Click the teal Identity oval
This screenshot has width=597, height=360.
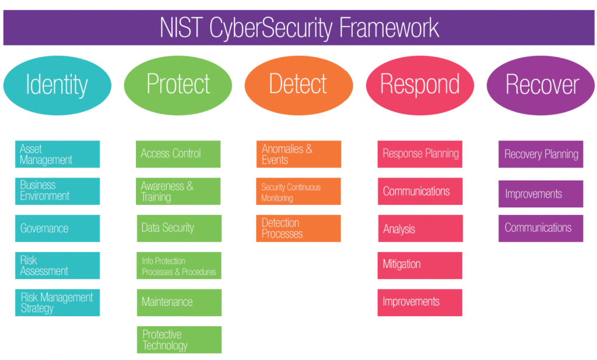click(x=57, y=85)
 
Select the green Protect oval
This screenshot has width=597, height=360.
click(x=178, y=84)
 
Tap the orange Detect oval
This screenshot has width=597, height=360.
click(x=298, y=84)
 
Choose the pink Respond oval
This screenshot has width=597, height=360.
click(x=420, y=85)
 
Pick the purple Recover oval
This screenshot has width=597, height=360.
click(x=540, y=85)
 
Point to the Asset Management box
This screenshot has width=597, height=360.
click(x=57, y=154)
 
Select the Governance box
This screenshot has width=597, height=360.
click(x=57, y=228)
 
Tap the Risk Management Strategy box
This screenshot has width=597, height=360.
click(x=57, y=303)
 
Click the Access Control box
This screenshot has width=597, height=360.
click(x=178, y=154)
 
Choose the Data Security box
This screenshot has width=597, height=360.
click(x=178, y=228)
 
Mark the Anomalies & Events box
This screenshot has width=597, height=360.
click(x=298, y=154)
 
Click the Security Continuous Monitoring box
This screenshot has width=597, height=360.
click(x=298, y=192)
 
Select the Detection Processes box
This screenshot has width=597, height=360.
click(x=298, y=228)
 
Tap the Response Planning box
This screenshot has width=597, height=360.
click(x=420, y=154)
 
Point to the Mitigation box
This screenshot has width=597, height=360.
click(x=420, y=265)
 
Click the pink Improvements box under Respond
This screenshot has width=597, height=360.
click(x=420, y=302)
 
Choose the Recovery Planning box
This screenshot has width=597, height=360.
click(x=540, y=154)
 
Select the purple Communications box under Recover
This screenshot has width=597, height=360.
click(x=540, y=228)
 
